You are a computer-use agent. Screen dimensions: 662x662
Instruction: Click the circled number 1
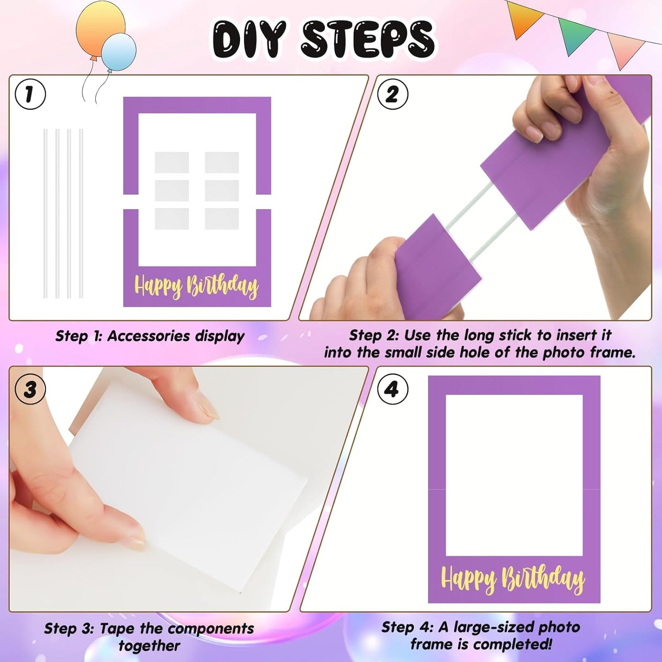point(30,94)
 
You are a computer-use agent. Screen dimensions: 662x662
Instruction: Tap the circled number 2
point(392,94)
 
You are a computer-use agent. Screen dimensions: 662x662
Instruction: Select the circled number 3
point(30,389)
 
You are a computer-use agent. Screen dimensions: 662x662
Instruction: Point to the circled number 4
point(392,389)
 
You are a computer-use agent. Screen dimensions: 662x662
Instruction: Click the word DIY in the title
point(249,40)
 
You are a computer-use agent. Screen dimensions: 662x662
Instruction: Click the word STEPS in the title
point(367,40)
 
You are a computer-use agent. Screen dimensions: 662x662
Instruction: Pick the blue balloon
point(119,51)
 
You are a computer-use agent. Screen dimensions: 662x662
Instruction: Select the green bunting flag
point(577,36)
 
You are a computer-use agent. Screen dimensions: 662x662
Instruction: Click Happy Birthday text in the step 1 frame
point(196,285)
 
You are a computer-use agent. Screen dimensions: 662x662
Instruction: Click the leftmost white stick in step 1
point(45,213)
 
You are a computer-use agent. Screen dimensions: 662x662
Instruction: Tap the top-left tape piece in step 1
point(172,162)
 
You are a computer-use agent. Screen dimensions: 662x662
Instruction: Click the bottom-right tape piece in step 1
point(222,219)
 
